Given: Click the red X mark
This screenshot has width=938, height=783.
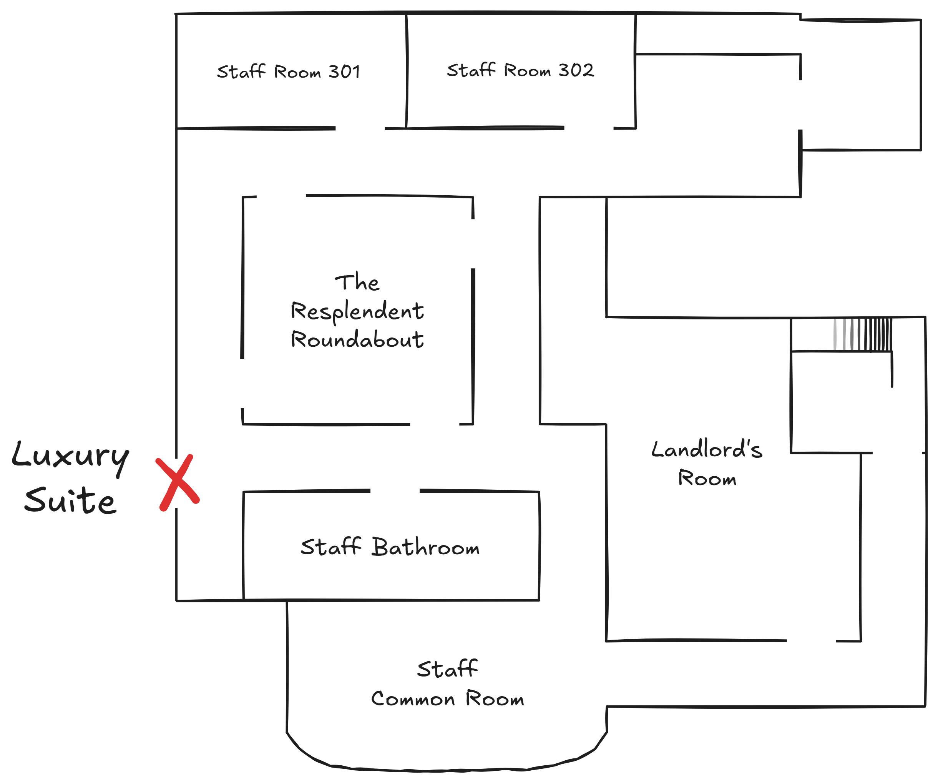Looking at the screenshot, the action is (178, 483).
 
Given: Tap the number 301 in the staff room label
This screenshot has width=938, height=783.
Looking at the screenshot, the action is (344, 71).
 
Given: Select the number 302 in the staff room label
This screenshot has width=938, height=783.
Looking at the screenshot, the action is (576, 70).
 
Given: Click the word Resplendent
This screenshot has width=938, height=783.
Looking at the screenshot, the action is (357, 311).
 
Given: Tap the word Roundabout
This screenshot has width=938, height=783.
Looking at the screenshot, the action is (357, 340).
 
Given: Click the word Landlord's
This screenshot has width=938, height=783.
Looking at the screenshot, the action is (707, 449).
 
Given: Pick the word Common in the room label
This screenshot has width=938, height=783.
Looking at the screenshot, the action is (413, 699).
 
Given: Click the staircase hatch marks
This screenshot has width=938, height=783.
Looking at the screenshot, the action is (863, 334).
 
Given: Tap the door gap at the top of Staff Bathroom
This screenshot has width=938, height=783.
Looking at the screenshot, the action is (395, 491).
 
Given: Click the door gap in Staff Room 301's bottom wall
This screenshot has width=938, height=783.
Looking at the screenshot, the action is (360, 128).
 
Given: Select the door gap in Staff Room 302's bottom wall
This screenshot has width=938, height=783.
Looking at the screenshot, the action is (589, 128).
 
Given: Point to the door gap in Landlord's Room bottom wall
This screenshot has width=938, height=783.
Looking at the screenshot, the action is (811, 641).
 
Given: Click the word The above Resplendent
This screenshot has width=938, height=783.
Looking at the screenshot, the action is (357, 282).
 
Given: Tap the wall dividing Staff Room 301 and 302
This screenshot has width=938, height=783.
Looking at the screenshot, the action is (407, 71).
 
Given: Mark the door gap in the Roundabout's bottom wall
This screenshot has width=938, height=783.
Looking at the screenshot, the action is (435, 424).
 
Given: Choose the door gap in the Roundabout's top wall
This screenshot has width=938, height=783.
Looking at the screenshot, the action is (281, 196).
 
